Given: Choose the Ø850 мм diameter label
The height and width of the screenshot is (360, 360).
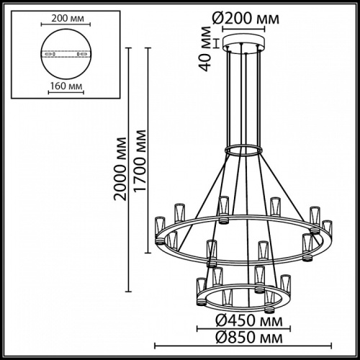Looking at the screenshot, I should [x=242, y=336].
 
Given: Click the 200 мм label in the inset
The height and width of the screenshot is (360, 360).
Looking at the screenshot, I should [x=64, y=19].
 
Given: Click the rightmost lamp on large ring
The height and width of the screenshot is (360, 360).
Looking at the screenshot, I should [x=328, y=231].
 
